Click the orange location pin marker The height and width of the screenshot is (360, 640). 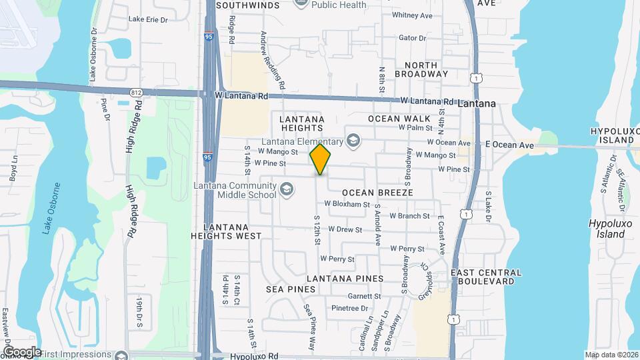click(320, 159)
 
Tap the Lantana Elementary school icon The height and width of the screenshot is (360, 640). click(353, 141)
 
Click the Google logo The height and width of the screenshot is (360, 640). click(21, 351)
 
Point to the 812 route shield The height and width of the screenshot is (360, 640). click(136, 91)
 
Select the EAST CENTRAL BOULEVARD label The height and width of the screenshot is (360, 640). click(485, 277)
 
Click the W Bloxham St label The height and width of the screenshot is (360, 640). click(347, 204)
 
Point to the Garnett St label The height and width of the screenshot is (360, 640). click(365, 296)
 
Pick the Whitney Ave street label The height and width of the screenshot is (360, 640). click(413, 15)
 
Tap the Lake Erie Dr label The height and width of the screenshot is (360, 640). click(148, 19)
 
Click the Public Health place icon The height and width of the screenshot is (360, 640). click(301, 3)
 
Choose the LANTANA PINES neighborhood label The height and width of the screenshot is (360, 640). click(345, 278)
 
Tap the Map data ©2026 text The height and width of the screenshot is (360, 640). click(611, 355)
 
